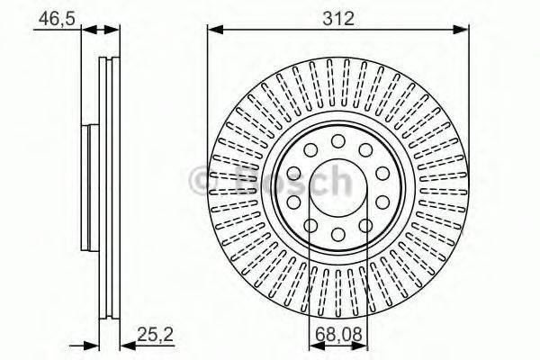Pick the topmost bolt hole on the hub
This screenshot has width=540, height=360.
pos(337,140)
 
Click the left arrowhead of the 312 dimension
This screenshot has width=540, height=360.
pos(214,30)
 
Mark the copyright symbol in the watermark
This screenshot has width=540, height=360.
pos(203,181)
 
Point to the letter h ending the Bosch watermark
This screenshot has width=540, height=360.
pos(337,181)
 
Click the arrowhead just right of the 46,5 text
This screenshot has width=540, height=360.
pos(88,30)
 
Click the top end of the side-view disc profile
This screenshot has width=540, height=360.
pos(108,59)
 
